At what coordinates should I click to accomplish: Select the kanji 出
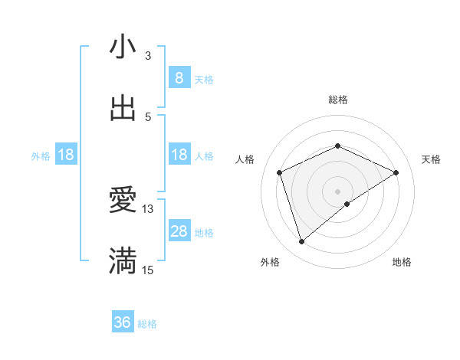(123, 108)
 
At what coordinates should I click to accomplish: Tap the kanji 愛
(123, 200)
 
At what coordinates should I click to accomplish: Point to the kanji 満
(123, 261)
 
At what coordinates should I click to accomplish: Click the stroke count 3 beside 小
(148, 55)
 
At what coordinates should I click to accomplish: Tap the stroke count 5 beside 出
(148, 116)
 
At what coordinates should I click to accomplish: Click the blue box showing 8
(179, 77)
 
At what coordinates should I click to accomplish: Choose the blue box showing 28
(179, 231)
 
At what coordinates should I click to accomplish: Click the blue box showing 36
(123, 322)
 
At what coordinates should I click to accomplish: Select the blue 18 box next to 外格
(66, 155)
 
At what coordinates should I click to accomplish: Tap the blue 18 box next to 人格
(179, 155)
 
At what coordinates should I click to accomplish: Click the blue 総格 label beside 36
(147, 324)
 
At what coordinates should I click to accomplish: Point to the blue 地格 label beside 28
(204, 233)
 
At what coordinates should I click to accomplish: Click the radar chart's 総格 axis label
(337, 100)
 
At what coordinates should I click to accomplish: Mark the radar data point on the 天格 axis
(396, 172)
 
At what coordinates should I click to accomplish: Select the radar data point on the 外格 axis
(301, 242)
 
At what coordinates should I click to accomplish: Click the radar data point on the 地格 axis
(347, 204)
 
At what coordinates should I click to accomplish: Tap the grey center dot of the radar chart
(337, 191)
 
